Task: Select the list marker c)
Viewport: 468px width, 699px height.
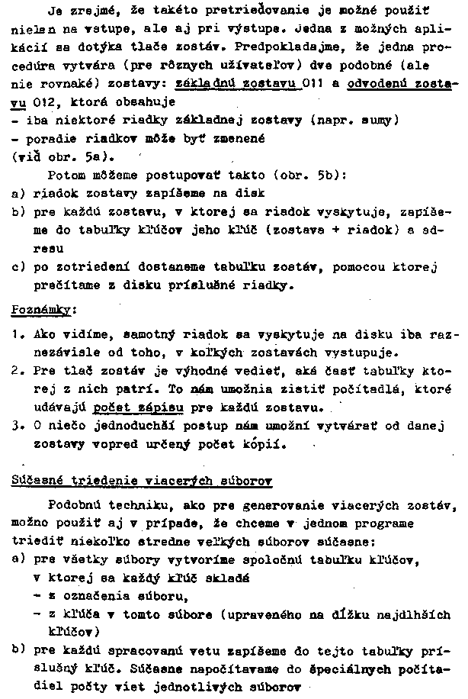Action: click(x=19, y=267)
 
